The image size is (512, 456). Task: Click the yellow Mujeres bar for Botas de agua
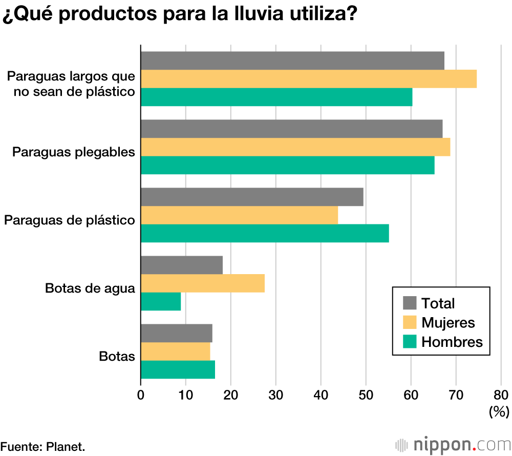pos(203,283)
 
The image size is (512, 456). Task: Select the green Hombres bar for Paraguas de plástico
pos(265,233)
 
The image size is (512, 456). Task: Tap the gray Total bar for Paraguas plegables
pos(291,129)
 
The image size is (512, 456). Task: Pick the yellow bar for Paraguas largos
pos(309,79)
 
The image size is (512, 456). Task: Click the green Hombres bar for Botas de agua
pos(161,301)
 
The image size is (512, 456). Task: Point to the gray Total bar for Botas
pos(177,333)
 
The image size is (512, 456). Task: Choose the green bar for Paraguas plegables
pos(288,165)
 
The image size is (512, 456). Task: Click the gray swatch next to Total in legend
pos(410,303)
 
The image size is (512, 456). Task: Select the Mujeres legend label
pos(448,322)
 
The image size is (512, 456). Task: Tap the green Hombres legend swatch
pos(410,342)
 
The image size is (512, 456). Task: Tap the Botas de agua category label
pos(90,288)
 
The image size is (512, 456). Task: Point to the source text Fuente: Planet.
pos(42,446)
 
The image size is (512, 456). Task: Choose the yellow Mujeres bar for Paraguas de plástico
pos(239,215)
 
